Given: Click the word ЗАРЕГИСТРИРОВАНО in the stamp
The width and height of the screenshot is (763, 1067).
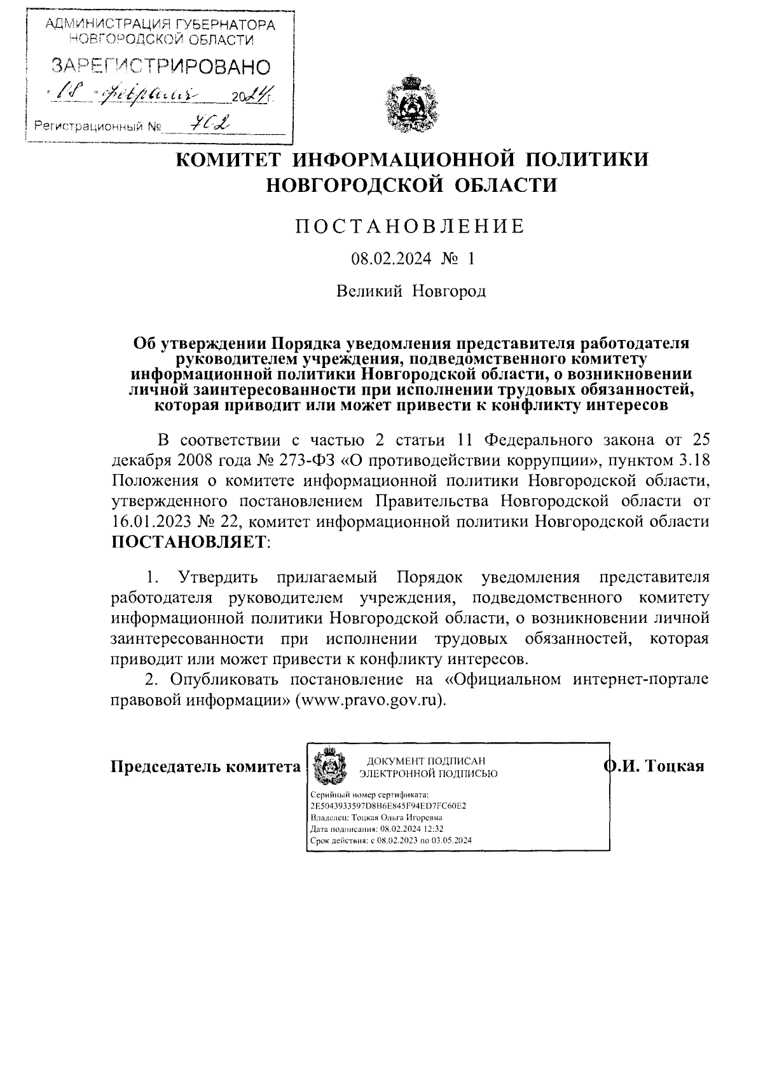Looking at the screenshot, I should click(160, 66).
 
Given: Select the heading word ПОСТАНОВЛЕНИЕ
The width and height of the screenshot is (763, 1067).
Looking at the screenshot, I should click(410, 227).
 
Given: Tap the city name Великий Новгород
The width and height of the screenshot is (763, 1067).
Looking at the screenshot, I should click(411, 291).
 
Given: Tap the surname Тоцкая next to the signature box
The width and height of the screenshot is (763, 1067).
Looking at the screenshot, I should click(674, 766).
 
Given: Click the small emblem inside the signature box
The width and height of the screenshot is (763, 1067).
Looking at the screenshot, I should click(329, 766).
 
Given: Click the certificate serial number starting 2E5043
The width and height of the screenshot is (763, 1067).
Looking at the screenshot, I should click(388, 806).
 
